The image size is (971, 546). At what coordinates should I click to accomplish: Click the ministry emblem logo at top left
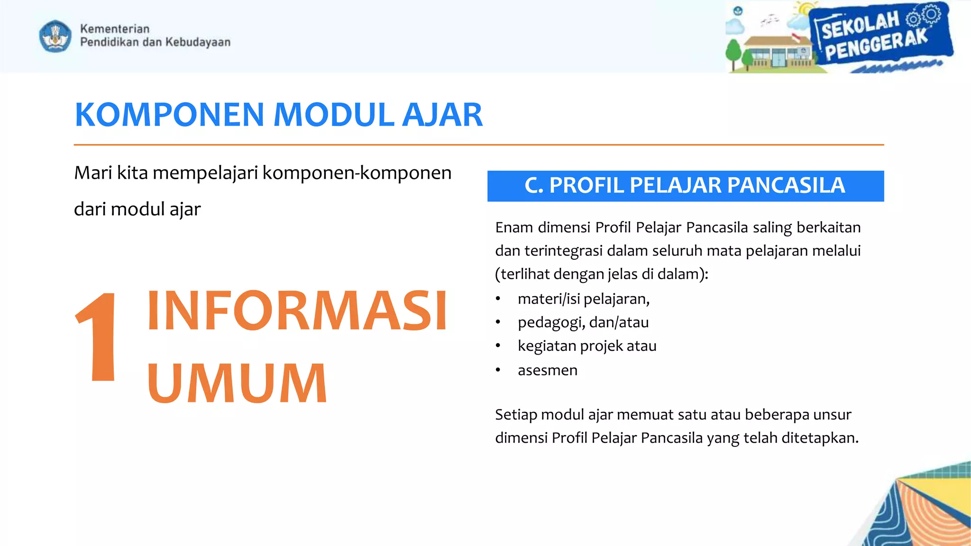coord(55,36)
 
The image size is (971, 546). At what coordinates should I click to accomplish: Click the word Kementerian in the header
coord(115,28)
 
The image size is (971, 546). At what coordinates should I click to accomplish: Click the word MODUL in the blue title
coord(334,115)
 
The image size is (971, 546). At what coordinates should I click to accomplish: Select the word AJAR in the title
coord(442,115)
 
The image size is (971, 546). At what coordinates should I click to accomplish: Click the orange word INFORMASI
coord(297,311)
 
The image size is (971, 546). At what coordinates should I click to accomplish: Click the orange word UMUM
coord(237,383)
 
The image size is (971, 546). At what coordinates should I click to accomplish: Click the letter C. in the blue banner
coord(534,185)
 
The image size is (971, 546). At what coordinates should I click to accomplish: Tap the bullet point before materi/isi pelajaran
coord(498,299)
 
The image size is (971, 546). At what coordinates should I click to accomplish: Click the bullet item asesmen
coord(548,370)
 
